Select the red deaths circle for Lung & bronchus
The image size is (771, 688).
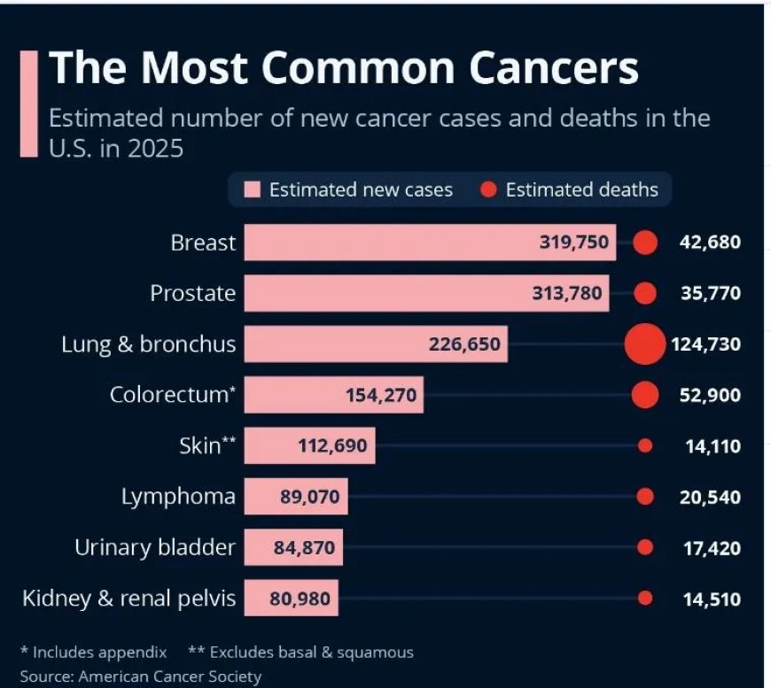pyautogui.click(x=644, y=344)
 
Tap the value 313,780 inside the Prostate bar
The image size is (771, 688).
pyautogui.click(x=567, y=293)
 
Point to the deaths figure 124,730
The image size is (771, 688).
pyautogui.click(x=705, y=344)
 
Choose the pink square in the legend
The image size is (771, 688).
pyautogui.click(x=253, y=189)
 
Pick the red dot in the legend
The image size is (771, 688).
pyautogui.click(x=488, y=189)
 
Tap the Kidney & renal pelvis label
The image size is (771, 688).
pyautogui.click(x=129, y=599)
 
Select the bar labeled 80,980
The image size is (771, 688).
pyautogui.click(x=291, y=599)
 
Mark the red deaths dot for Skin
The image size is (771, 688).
pyautogui.click(x=645, y=446)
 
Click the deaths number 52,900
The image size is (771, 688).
pyautogui.click(x=710, y=396)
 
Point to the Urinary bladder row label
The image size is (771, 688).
pyautogui.click(x=155, y=548)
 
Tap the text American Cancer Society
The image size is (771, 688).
pyautogui.click(x=170, y=677)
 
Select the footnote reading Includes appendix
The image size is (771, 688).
pyautogui.click(x=99, y=653)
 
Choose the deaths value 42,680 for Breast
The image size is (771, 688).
pyautogui.click(x=710, y=243)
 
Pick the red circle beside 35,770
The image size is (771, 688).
pyautogui.click(x=645, y=293)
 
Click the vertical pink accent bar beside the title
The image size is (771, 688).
pyautogui.click(x=28, y=104)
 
